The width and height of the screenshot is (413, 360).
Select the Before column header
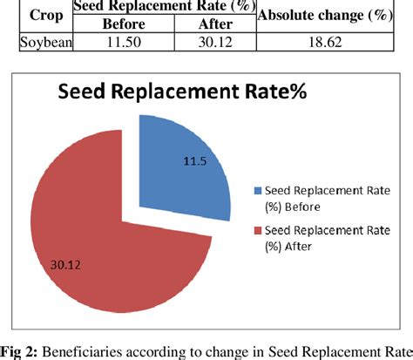click(123, 24)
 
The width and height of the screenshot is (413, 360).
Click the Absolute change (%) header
click(330, 15)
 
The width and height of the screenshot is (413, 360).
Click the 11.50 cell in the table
click(123, 41)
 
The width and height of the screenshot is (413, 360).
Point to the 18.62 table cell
click(330, 41)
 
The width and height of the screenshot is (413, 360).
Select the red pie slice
click(113, 244)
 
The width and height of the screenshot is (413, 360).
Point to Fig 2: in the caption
click(20, 351)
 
